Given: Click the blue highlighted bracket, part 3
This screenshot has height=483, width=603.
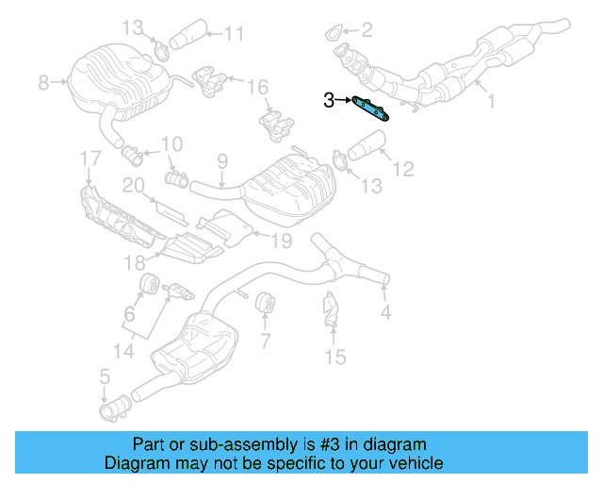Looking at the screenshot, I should tap(371, 108).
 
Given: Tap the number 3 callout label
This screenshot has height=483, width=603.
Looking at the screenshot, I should tap(329, 99).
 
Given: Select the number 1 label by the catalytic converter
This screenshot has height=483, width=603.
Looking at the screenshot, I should tap(490, 94).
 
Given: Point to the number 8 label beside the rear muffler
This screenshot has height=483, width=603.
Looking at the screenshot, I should tap(43, 84).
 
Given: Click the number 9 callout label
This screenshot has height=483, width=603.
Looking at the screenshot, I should tap(222, 161).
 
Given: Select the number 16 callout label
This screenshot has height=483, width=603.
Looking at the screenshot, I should tap(257, 88).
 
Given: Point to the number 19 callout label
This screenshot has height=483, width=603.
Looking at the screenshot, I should tap(283, 241).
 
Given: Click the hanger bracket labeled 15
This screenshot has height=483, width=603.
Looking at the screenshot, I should tap(330, 312).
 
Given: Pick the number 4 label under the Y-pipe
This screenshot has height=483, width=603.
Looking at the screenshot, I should tap(384, 310).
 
